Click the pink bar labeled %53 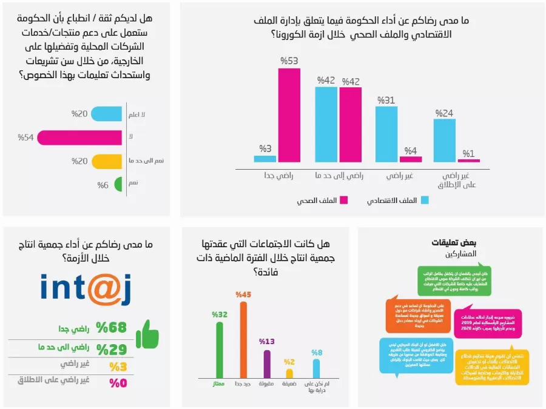tap(289, 115)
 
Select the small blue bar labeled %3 tap(265, 159)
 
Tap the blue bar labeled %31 tap(386, 134)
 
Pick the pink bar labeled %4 tap(411, 159)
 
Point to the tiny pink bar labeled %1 tap(468, 161)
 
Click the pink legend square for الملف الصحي tap(343, 200)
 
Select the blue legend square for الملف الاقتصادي tap(425, 200)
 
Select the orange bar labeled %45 tap(243, 339)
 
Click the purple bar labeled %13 tap(266, 364)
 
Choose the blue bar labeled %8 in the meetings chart tap(316, 368)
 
